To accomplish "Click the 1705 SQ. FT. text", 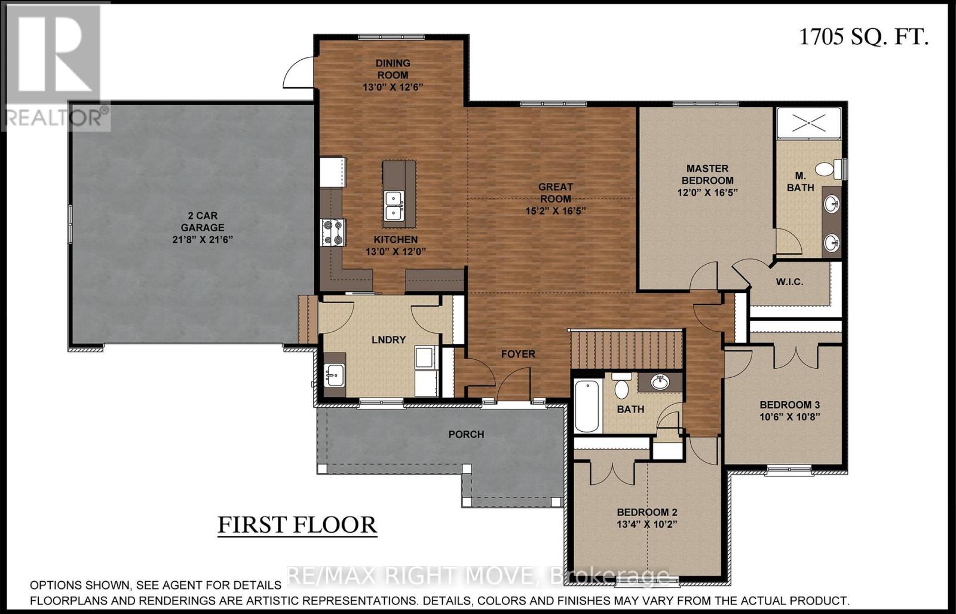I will [863, 37].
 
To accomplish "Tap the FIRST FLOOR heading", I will [297, 524].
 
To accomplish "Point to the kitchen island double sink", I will [393, 205].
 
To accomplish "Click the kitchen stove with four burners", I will [333, 233].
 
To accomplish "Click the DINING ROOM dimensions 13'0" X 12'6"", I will [393, 87].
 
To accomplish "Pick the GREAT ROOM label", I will [555, 193].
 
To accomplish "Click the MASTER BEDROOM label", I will [707, 174].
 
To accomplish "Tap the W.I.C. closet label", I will [789, 282].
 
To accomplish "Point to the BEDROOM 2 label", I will [646, 512].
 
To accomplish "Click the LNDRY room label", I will [388, 340].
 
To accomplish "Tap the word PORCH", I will [466, 434].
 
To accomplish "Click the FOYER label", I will [518, 354].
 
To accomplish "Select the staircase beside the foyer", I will [626, 350].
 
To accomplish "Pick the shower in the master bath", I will [808, 124].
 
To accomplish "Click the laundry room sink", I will [334, 375].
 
